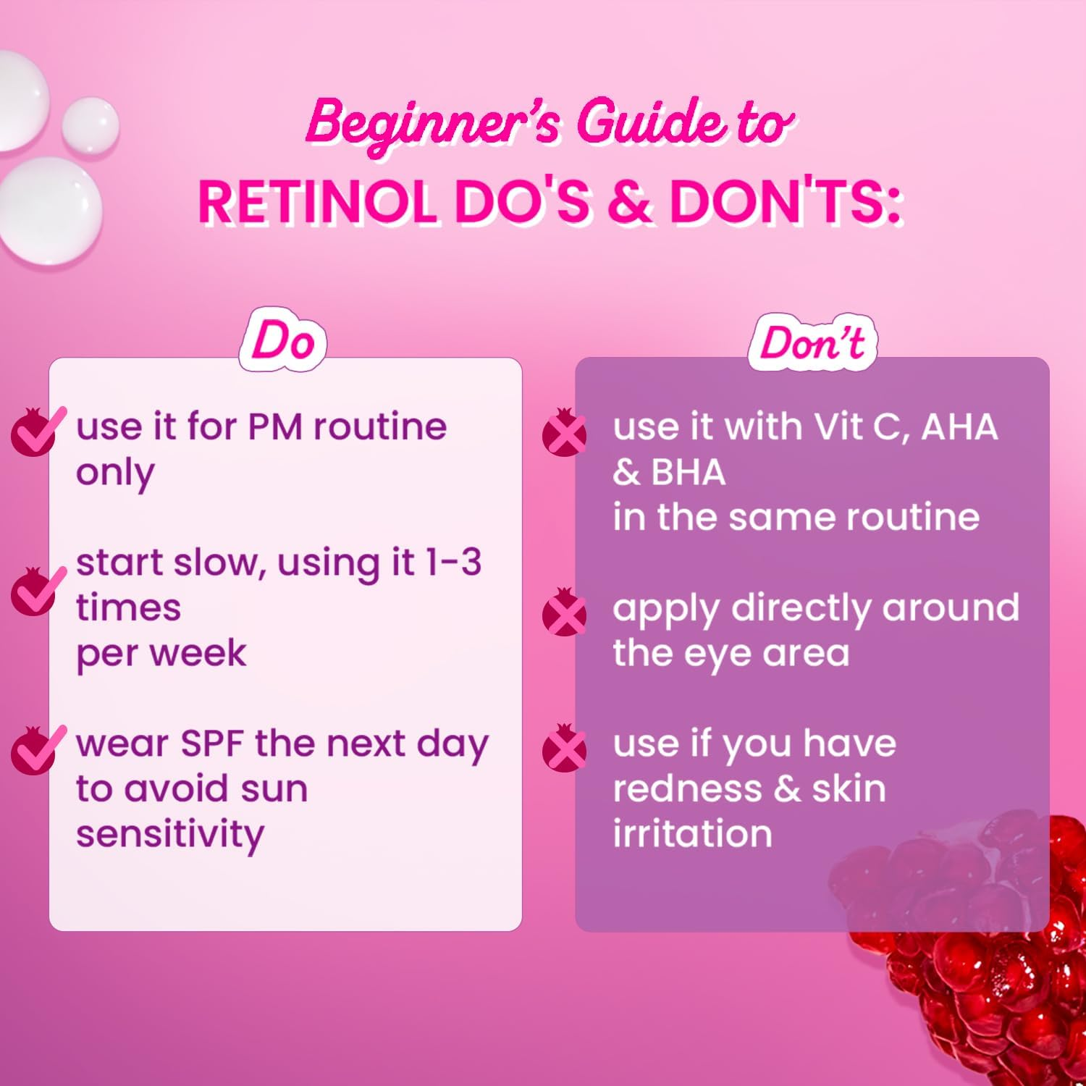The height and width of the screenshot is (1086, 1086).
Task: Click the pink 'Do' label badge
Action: point(283,341)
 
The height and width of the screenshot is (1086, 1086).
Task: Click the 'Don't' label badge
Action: point(812,342)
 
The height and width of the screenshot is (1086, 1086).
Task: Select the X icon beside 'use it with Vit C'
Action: point(565,432)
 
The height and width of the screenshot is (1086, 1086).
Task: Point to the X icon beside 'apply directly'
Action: point(565,613)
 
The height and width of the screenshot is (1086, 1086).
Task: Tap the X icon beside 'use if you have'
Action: point(565,749)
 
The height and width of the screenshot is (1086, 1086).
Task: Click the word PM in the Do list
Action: point(274,426)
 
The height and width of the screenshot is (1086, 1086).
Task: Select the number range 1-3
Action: point(453,563)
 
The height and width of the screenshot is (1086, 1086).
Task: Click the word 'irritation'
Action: point(692,833)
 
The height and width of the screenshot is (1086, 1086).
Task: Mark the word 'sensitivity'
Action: point(170,835)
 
